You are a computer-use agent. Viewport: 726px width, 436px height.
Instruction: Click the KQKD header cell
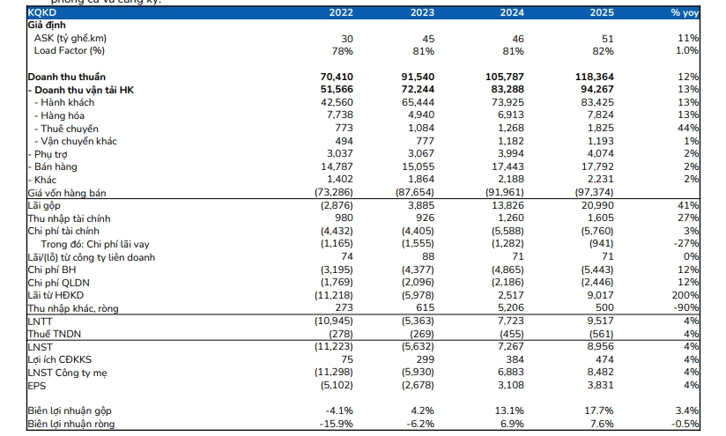click(41, 12)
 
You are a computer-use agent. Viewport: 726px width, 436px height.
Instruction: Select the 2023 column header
click(422, 12)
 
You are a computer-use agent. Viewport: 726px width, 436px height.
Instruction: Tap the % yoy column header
click(685, 13)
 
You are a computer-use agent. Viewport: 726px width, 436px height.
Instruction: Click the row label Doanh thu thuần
click(67, 77)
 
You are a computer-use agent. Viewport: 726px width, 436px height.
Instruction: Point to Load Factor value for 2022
click(342, 51)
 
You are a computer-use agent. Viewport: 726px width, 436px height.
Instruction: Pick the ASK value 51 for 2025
click(607, 39)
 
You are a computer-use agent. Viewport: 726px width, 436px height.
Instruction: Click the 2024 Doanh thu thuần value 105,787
click(505, 77)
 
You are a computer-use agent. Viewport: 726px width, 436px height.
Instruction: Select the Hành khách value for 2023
click(419, 102)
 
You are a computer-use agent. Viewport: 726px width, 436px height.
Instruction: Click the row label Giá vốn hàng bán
click(67, 193)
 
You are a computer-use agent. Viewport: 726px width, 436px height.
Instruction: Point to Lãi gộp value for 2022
click(337, 205)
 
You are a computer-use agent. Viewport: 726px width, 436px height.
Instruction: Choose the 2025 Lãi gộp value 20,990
click(597, 205)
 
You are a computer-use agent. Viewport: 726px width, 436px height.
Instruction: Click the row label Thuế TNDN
click(48, 334)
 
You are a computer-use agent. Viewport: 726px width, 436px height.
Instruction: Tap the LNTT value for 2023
click(418, 321)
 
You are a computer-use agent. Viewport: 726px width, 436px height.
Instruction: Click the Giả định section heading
click(47, 26)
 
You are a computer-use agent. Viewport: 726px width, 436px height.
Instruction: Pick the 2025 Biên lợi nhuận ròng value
click(601, 424)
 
